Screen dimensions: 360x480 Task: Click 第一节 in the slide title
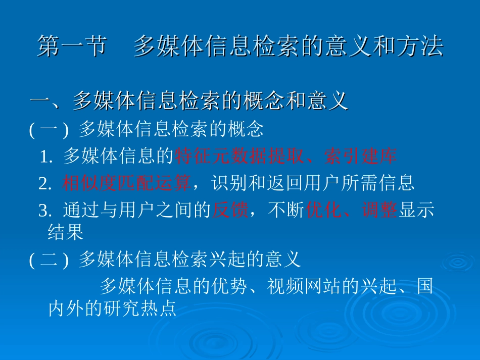tap(72, 46)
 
